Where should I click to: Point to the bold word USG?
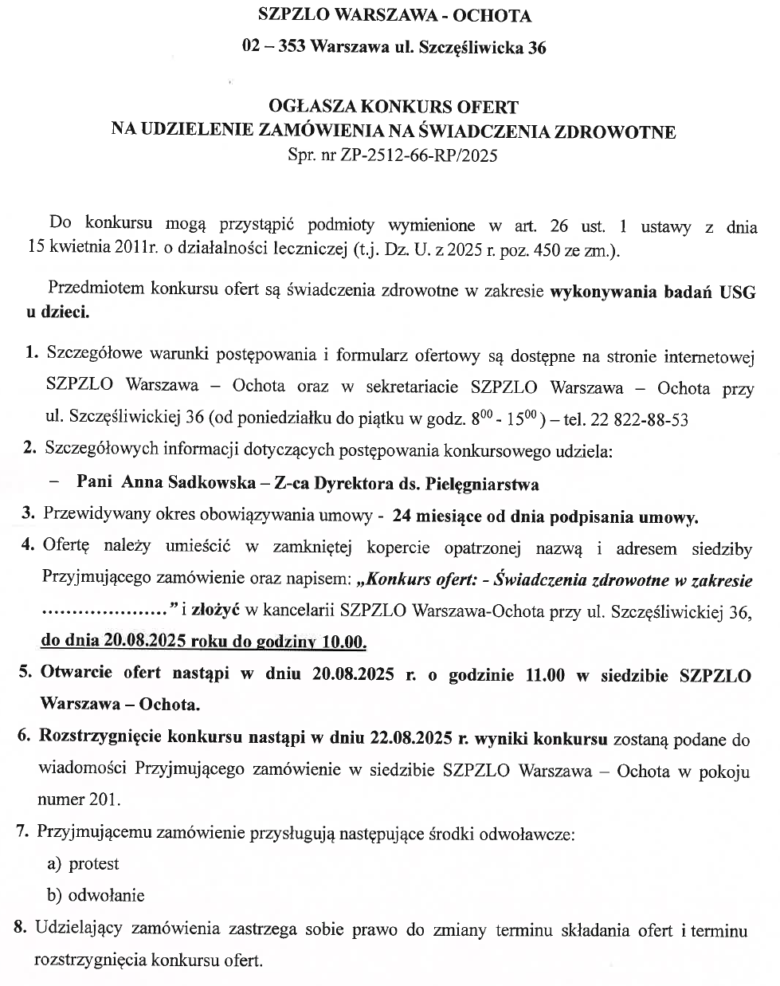click(738, 291)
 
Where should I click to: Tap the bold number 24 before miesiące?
click(402, 517)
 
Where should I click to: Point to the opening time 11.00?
click(545, 674)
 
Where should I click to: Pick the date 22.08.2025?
click(411, 739)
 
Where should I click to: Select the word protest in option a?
click(94, 864)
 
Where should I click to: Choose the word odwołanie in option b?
click(107, 896)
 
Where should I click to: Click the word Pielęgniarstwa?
click(483, 484)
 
